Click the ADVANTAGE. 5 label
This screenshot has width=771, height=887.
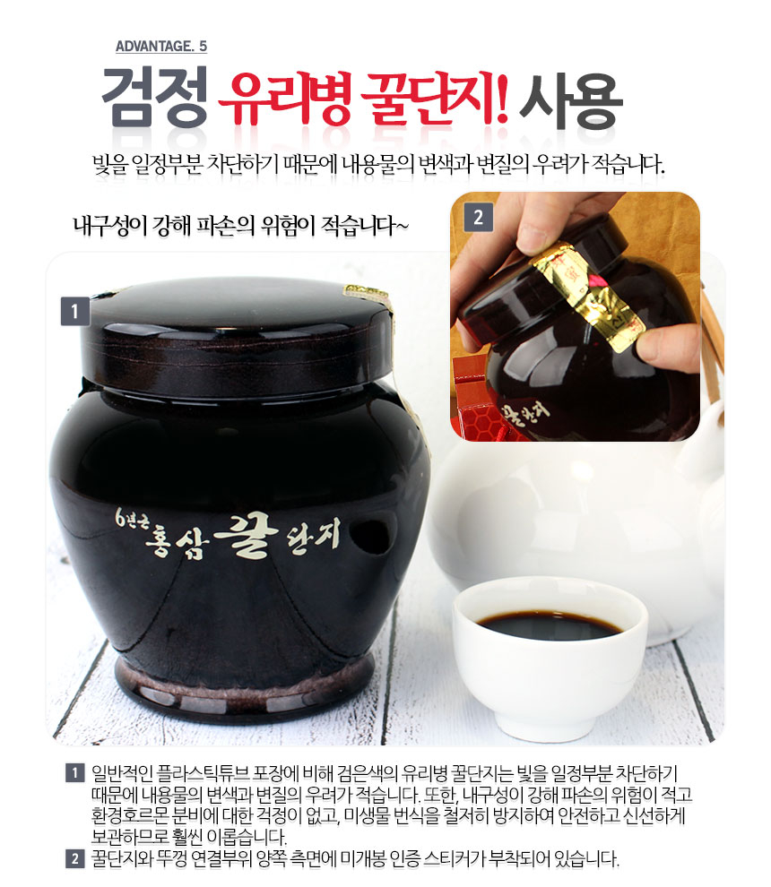161,46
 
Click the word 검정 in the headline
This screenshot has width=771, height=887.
154,97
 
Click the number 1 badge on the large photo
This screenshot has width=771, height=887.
74,311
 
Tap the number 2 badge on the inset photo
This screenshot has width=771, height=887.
479,217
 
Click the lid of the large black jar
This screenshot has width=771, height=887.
237,334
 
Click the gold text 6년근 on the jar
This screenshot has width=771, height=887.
133,518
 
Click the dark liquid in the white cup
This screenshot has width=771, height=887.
549,624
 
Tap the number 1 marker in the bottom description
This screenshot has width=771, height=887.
74,772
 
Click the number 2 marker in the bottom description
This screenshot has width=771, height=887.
74,859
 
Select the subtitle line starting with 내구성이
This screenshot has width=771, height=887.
240,226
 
